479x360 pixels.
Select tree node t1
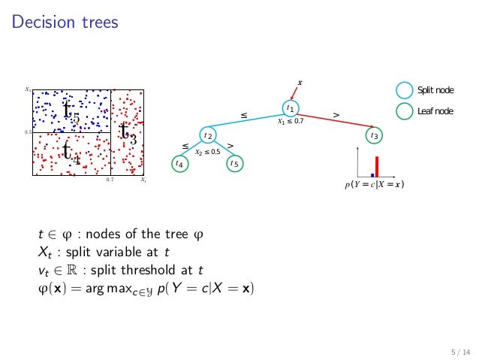[x=290, y=109]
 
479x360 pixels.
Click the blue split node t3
[x=373, y=136]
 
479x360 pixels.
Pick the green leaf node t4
[x=179, y=162]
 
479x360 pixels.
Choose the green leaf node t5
[x=234, y=162]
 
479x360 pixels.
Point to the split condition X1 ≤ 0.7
[x=291, y=122]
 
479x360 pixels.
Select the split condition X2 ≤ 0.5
[x=207, y=152]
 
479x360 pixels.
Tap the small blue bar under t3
[x=372, y=175]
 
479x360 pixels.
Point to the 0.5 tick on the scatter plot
[x=27, y=132]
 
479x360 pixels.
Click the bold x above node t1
[x=300, y=82]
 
